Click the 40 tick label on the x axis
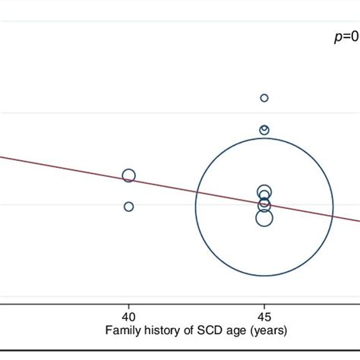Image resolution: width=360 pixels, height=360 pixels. tap(129, 315)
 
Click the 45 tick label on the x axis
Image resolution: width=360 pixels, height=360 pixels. tap(264, 315)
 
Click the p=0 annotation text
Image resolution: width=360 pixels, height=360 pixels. tap(346, 37)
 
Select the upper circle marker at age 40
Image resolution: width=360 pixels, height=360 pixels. tap(129, 176)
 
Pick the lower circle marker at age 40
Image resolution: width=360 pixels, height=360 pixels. tap(129, 207)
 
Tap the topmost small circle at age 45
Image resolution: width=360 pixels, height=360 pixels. tap(264, 97)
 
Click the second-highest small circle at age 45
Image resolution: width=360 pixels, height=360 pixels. tap(264, 130)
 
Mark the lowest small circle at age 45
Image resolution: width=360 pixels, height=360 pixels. tap(264, 219)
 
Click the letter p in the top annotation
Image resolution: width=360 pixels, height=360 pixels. tap(338, 38)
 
